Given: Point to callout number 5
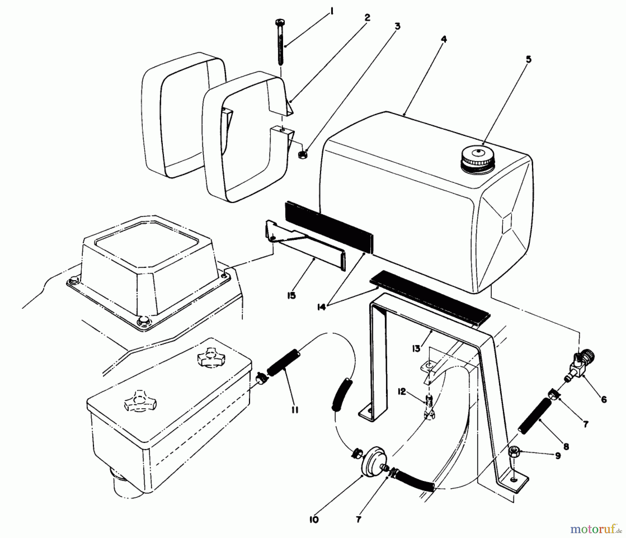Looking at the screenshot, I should (528, 59).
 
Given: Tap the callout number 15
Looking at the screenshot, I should (291, 296).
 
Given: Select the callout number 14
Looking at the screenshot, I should (322, 307).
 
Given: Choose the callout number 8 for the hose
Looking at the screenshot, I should (566, 447).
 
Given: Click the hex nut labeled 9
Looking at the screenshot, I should (513, 452).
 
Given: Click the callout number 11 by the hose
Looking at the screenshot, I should (295, 410).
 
